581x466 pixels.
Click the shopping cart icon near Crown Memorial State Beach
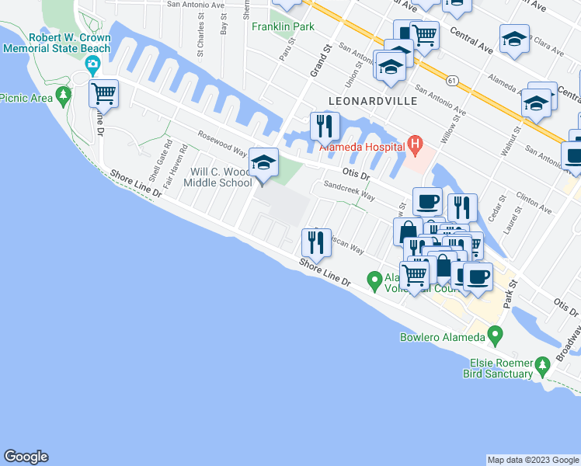(x=103, y=94)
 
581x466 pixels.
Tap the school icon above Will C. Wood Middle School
(x=264, y=162)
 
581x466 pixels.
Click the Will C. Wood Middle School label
(x=221, y=177)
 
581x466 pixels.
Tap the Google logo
(x=26, y=457)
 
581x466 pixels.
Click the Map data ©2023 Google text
(x=532, y=460)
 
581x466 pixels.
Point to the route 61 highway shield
(x=451, y=79)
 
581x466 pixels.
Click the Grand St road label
(x=316, y=61)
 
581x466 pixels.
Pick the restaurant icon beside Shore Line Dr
(x=316, y=242)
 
